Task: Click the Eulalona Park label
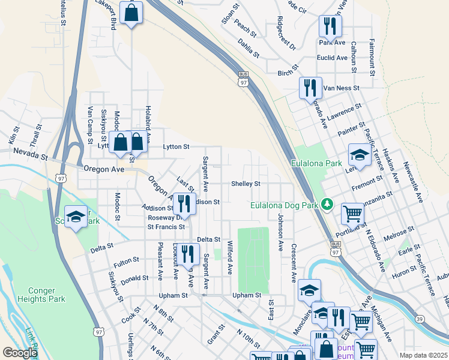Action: [x=316, y=163]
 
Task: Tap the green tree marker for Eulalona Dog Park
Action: [x=327, y=205]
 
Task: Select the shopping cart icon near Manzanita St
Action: [x=352, y=212]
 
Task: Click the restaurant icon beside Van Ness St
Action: [x=310, y=88]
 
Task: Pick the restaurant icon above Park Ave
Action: [x=330, y=25]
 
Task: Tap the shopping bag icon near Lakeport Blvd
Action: [x=131, y=12]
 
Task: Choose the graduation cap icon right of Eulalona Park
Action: [x=360, y=155]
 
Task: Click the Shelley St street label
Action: [x=246, y=184]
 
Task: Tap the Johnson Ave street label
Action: [x=280, y=231]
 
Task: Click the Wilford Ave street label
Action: [x=229, y=257]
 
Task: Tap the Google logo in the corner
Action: [x=20, y=353]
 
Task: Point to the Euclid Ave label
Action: [x=332, y=58]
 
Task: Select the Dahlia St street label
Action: [x=248, y=49]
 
